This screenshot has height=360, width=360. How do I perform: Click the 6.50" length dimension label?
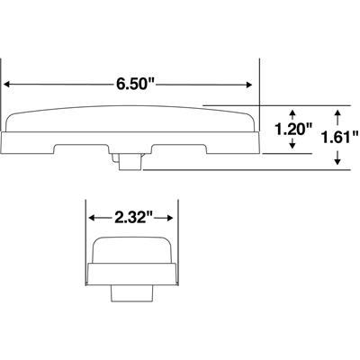click(135, 84)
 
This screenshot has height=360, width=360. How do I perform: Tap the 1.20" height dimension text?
click(294, 130)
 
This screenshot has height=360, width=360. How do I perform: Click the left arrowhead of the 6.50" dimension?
click(7, 85)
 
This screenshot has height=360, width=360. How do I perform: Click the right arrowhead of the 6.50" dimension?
click(248, 85)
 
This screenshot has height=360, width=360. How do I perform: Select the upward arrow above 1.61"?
click(337, 118)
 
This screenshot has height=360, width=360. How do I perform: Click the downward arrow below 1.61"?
click(337, 157)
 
